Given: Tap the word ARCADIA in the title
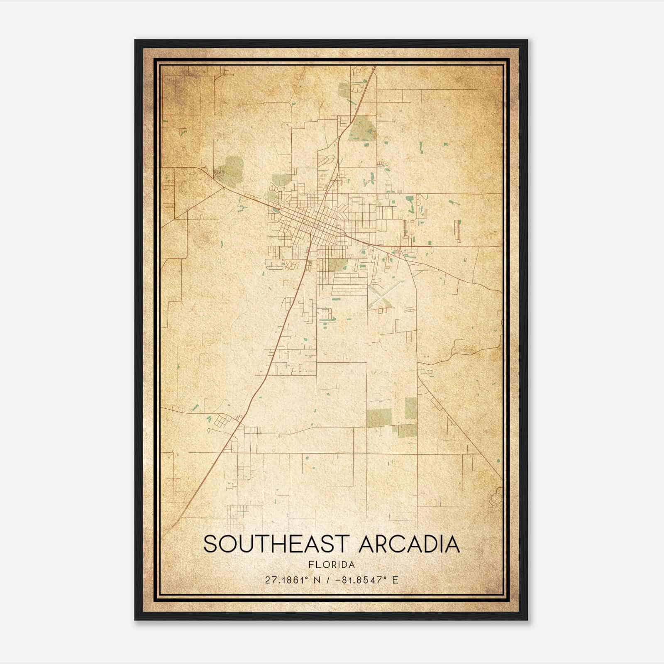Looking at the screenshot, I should tap(409, 544).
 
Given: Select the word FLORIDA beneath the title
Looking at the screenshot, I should tap(332, 565).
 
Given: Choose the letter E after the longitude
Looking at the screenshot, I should tap(395, 580).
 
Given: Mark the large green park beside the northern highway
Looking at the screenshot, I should tap(362, 128).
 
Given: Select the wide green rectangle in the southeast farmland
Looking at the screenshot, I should tap(379, 417).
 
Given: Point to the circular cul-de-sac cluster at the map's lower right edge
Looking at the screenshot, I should tap(496, 498).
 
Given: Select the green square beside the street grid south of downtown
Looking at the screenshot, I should tap(337, 264).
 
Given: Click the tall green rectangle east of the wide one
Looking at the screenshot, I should tap(410, 408).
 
